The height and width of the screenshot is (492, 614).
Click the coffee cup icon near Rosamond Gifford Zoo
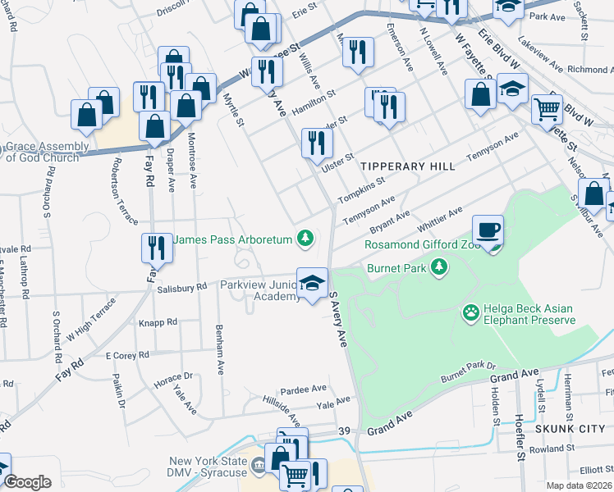coord(488,229)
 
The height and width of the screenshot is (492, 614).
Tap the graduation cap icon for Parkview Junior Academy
coord(311,283)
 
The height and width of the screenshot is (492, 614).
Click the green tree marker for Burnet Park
coord(440,266)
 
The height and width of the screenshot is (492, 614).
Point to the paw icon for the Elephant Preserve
coord(470,312)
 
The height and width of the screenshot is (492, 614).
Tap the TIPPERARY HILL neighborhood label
coord(407,166)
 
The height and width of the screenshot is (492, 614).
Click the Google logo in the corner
coord(27,482)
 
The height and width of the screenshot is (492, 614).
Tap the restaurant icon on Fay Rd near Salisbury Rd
coord(155,247)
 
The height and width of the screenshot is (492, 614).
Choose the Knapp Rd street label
coord(158,323)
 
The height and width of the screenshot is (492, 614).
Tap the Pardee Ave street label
coord(304,388)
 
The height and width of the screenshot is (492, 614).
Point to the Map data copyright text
coord(578,485)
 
